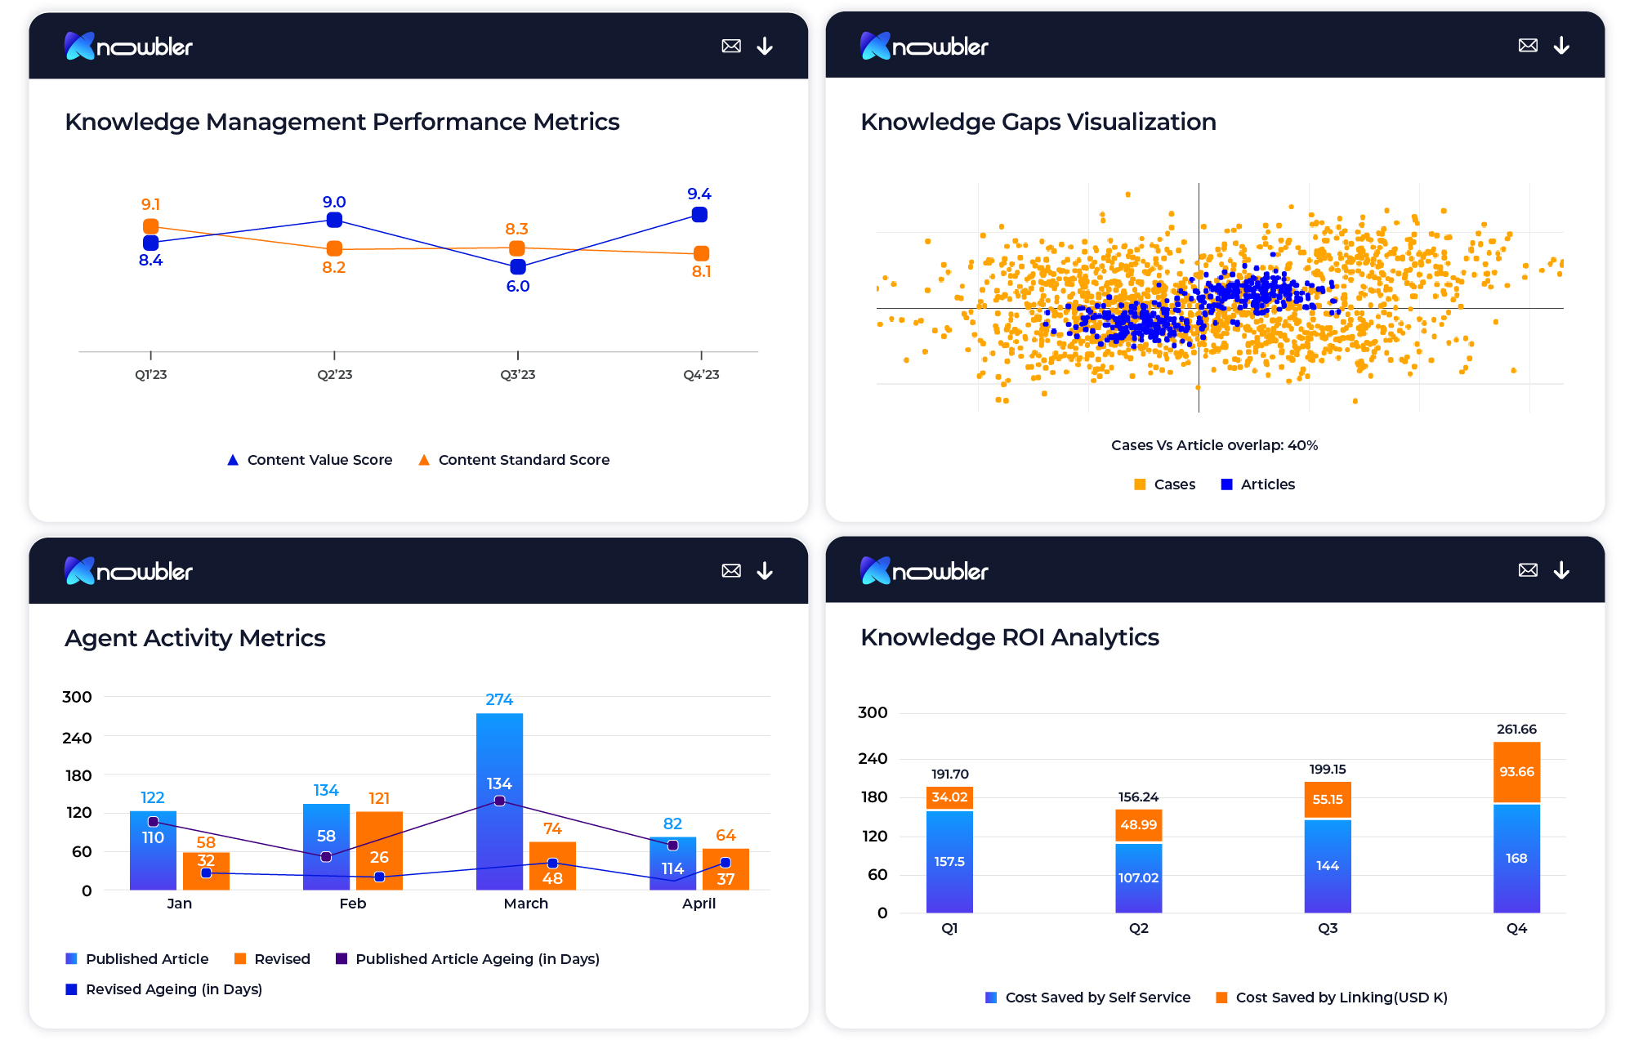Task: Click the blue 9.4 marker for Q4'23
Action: point(699,215)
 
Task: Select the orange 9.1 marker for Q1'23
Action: point(150,226)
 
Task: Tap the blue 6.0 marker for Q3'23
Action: point(517,267)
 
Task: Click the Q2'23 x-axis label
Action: point(335,375)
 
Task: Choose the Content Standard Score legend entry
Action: point(514,460)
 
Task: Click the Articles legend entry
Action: point(1257,484)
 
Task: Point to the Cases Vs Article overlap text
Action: point(1214,445)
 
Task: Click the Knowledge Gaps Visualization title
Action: point(1038,122)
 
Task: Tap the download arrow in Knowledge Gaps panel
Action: point(1561,46)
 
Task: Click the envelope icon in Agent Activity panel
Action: point(731,570)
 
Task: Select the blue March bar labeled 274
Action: point(499,752)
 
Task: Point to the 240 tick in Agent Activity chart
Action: point(78,738)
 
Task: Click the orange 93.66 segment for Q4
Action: point(1516,772)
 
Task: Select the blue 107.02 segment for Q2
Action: point(1138,878)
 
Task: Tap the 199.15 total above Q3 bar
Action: point(1328,770)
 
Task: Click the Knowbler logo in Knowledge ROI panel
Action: point(924,570)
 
